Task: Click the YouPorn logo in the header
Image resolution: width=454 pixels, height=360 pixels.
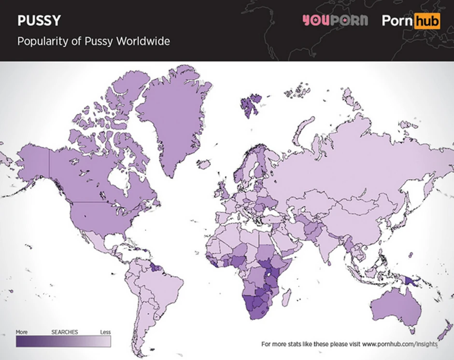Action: click(x=335, y=21)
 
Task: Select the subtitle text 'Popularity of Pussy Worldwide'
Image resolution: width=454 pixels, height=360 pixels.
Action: click(x=93, y=42)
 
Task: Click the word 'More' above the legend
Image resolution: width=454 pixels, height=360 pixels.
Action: click(x=22, y=332)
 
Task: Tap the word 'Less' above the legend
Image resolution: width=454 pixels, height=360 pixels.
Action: click(x=105, y=332)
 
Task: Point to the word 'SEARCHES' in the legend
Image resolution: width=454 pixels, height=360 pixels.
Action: click(x=64, y=332)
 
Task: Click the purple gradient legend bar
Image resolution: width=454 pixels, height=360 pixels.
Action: click(x=63, y=341)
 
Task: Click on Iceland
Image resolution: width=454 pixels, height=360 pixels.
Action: click(x=205, y=165)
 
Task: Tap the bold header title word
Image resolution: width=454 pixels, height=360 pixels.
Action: click(x=40, y=21)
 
